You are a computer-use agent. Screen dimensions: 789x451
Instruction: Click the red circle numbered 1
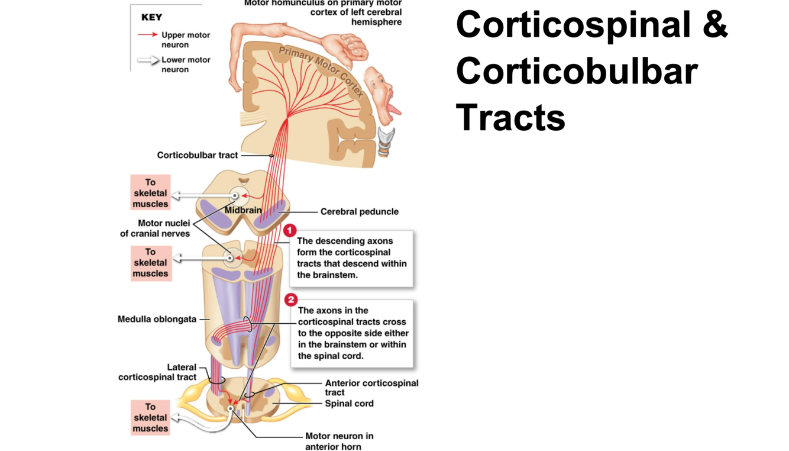coord(289,230)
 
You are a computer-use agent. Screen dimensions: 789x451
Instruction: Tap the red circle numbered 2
coord(290,300)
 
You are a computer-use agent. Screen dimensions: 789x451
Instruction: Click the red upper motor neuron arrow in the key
coord(147,35)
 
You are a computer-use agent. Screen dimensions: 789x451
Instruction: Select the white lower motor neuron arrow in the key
coord(148,60)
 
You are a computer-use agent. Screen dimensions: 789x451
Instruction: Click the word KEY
coord(151,17)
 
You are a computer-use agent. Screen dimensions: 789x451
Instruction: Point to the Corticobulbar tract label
coord(198,155)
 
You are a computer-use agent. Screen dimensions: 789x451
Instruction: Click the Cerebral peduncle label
coord(359,211)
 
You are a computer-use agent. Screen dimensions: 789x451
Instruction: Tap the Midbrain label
coord(242,210)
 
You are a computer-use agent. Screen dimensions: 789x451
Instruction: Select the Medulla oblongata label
coord(157,319)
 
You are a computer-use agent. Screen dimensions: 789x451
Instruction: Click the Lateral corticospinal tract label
coord(157,372)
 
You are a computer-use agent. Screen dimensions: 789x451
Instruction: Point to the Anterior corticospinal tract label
coord(371,387)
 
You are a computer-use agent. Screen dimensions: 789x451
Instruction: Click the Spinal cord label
coord(349,404)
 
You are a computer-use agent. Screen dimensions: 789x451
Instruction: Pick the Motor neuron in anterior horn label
coord(339,441)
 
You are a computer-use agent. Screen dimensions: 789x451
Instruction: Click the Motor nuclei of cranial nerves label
coord(155,228)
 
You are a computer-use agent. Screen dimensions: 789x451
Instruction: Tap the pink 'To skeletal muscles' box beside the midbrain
coord(150,193)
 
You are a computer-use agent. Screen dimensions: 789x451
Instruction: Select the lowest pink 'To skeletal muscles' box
coord(150,417)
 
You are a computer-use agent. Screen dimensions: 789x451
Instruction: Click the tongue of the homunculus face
coord(392,110)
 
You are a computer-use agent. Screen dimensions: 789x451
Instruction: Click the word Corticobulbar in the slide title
coord(577,71)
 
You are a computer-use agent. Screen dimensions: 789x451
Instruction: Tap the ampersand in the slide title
coord(713,25)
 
